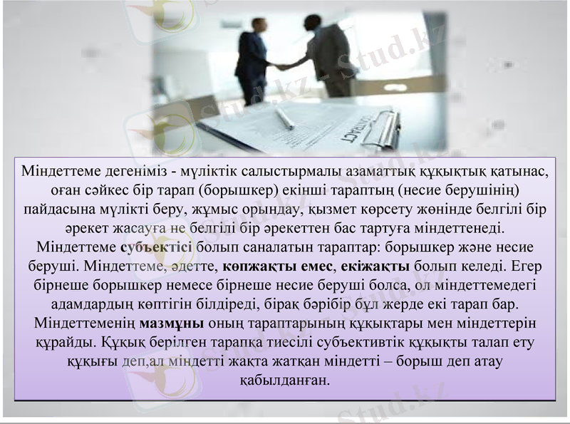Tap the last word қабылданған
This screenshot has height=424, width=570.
point(284,379)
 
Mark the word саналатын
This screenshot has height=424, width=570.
point(274,248)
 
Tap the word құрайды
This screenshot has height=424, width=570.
point(63,341)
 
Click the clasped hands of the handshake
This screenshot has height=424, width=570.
point(283,67)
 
